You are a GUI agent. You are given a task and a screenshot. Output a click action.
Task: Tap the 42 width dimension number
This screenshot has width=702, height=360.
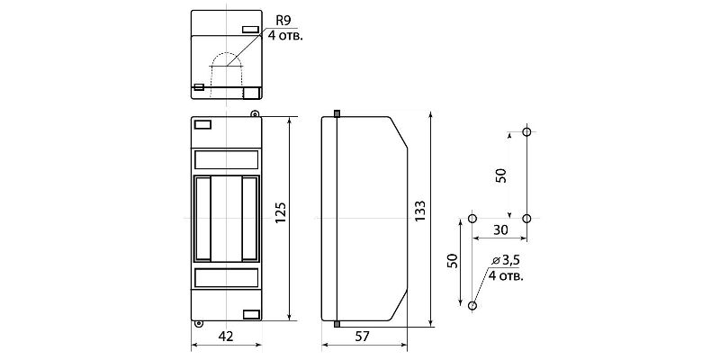click(x=226, y=337)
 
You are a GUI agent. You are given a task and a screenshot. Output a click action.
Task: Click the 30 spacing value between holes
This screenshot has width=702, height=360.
click(x=500, y=229)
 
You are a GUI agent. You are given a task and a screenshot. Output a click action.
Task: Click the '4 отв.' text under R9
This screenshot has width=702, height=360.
click(x=285, y=36)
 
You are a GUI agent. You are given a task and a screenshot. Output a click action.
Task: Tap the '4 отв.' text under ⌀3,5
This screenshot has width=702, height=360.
click(x=506, y=275)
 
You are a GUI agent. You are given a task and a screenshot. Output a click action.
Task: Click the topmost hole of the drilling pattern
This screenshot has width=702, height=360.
click(x=526, y=132)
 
